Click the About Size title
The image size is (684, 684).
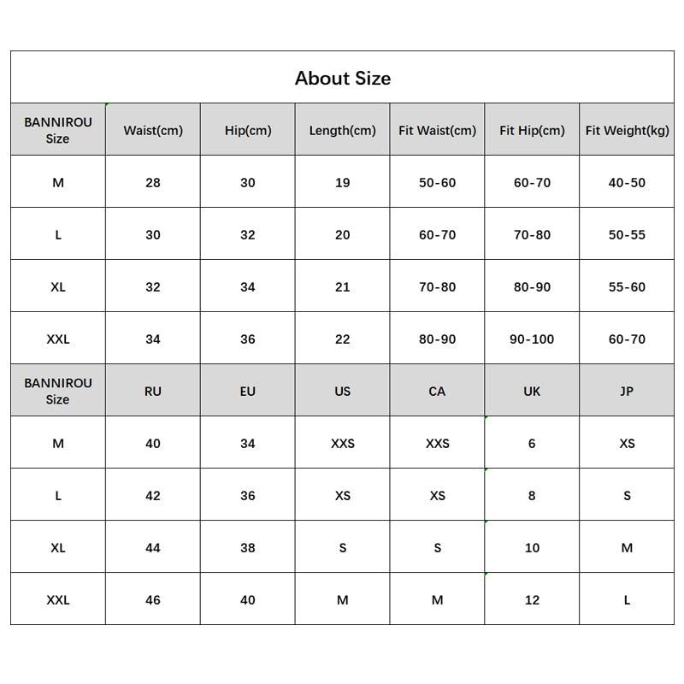(x=342, y=78)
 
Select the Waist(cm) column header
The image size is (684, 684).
(x=153, y=131)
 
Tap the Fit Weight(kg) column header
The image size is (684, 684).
(x=627, y=131)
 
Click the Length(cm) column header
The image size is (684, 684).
(x=342, y=131)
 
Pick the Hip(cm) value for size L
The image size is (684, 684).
(x=247, y=235)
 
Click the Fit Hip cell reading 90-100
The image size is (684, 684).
(x=532, y=339)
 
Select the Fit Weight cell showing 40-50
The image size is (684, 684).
(x=627, y=183)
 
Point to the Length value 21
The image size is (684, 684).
(x=342, y=287)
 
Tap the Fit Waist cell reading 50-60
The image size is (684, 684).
(x=437, y=183)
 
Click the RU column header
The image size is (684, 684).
(x=153, y=392)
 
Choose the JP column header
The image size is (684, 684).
(x=627, y=392)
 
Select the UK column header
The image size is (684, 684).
(x=532, y=392)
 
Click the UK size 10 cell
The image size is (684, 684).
(x=532, y=548)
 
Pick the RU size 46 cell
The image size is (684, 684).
(x=153, y=600)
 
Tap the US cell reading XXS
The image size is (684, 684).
(x=342, y=444)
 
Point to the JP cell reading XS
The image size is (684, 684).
(x=627, y=444)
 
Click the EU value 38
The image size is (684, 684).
(x=247, y=548)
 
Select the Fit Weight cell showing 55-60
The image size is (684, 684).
(x=627, y=287)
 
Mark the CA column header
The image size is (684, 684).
(x=437, y=392)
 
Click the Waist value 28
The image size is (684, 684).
(x=153, y=183)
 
